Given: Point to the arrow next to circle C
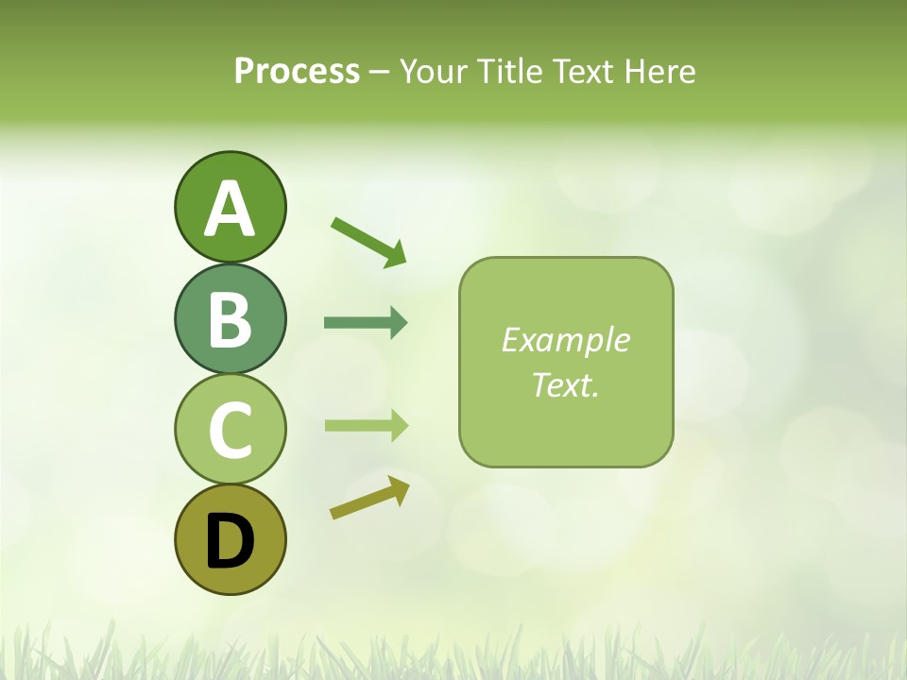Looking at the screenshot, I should pos(366,426).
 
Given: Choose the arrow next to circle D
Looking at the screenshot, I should pos(369,497).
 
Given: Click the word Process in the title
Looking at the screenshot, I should pos(297,72).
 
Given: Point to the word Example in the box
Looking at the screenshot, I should pos(565,340).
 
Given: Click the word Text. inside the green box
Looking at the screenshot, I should pos(565,384).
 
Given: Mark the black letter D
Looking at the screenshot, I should pos(230,541).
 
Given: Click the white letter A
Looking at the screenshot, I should pos(230,209).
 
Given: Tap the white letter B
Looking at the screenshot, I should pos(230,319).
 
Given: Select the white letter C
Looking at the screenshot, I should pos(230,430).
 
